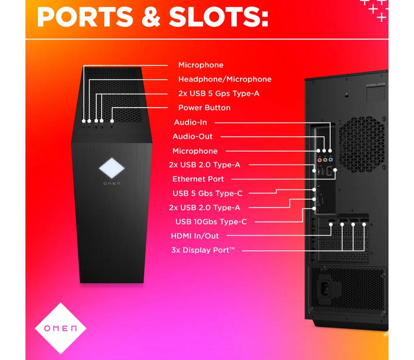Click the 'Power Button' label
click(x=204, y=107)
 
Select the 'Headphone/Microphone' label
click(x=225, y=79)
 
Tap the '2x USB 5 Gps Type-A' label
click(x=219, y=93)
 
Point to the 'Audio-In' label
click(x=190, y=122)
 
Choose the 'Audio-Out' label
click(x=192, y=136)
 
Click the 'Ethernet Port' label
click(x=198, y=179)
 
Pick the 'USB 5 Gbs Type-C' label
click(x=207, y=193)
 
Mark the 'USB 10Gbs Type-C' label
click(x=211, y=221)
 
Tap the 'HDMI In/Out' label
click(x=194, y=236)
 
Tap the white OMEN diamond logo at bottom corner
click(x=60, y=328)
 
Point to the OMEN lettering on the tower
click(x=111, y=184)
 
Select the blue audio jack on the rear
click(x=330, y=159)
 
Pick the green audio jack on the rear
click(x=325, y=159)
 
